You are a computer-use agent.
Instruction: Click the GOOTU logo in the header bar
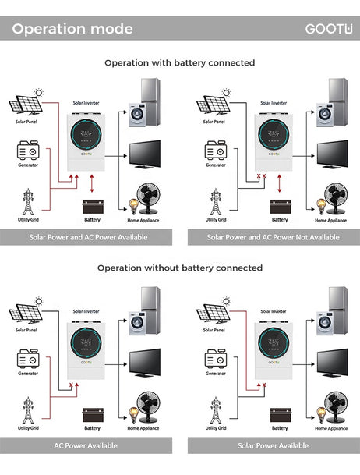coord(329,29)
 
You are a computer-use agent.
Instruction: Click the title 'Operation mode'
coord(72,29)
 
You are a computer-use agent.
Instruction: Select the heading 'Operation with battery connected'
coord(180,62)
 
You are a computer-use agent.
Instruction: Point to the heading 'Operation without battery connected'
coord(180,268)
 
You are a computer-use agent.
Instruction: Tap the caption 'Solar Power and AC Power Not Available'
coord(274,237)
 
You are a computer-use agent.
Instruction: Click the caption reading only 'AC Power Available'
coord(86,445)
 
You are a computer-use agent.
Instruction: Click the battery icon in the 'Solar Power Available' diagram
coord(281,415)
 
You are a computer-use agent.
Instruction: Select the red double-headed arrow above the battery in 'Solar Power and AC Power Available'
coord(92,183)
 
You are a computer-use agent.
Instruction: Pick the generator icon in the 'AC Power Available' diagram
coord(28,359)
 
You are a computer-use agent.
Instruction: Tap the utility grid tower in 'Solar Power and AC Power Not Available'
coord(216,201)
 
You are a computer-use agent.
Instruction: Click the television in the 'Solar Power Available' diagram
coord(333,363)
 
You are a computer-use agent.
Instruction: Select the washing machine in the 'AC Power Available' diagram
coord(137,323)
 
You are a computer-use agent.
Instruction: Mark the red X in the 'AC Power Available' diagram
coord(72,385)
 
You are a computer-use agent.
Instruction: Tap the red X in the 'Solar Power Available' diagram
coord(264,385)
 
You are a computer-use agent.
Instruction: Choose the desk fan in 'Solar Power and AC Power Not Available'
coord(336,198)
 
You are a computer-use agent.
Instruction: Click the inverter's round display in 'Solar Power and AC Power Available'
coord(86,134)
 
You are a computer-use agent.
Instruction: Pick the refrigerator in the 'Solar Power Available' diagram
coord(338,310)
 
